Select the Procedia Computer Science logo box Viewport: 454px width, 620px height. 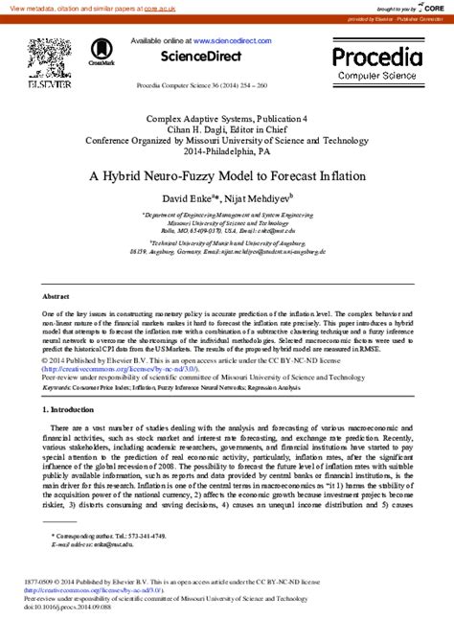[376, 61]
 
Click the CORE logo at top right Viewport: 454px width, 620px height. [432, 7]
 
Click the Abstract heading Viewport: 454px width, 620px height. [57, 297]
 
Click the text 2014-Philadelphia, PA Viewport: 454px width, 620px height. [226, 150]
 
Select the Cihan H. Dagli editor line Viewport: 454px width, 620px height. [226, 129]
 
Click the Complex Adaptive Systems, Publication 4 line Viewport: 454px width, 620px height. [226, 119]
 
